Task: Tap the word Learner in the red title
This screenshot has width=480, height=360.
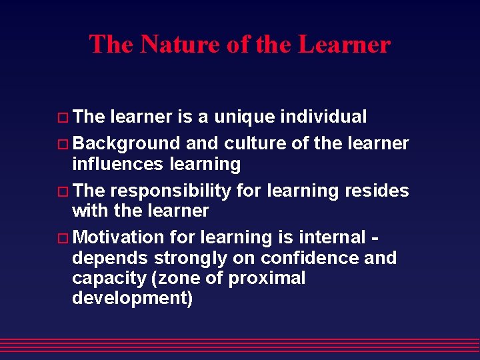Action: [344, 45]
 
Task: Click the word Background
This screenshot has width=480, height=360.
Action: [126, 143]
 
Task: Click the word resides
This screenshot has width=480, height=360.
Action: [377, 191]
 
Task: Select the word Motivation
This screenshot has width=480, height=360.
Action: [118, 237]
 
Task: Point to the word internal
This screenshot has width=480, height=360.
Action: [332, 237]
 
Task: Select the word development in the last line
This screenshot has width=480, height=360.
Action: [132, 298]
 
